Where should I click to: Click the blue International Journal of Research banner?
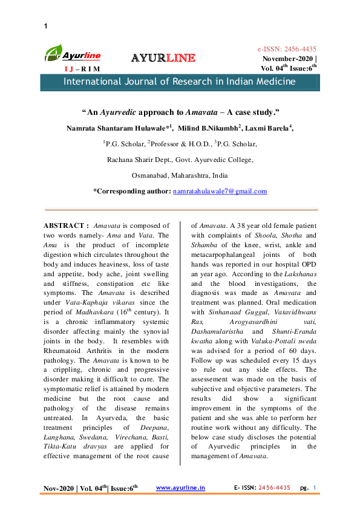click(x=180, y=82)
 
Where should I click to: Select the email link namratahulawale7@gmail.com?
click(x=220, y=191)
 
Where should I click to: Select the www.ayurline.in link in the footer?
click(x=180, y=487)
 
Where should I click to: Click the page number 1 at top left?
click(x=46, y=26)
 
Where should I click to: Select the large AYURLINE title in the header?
click(x=163, y=58)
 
